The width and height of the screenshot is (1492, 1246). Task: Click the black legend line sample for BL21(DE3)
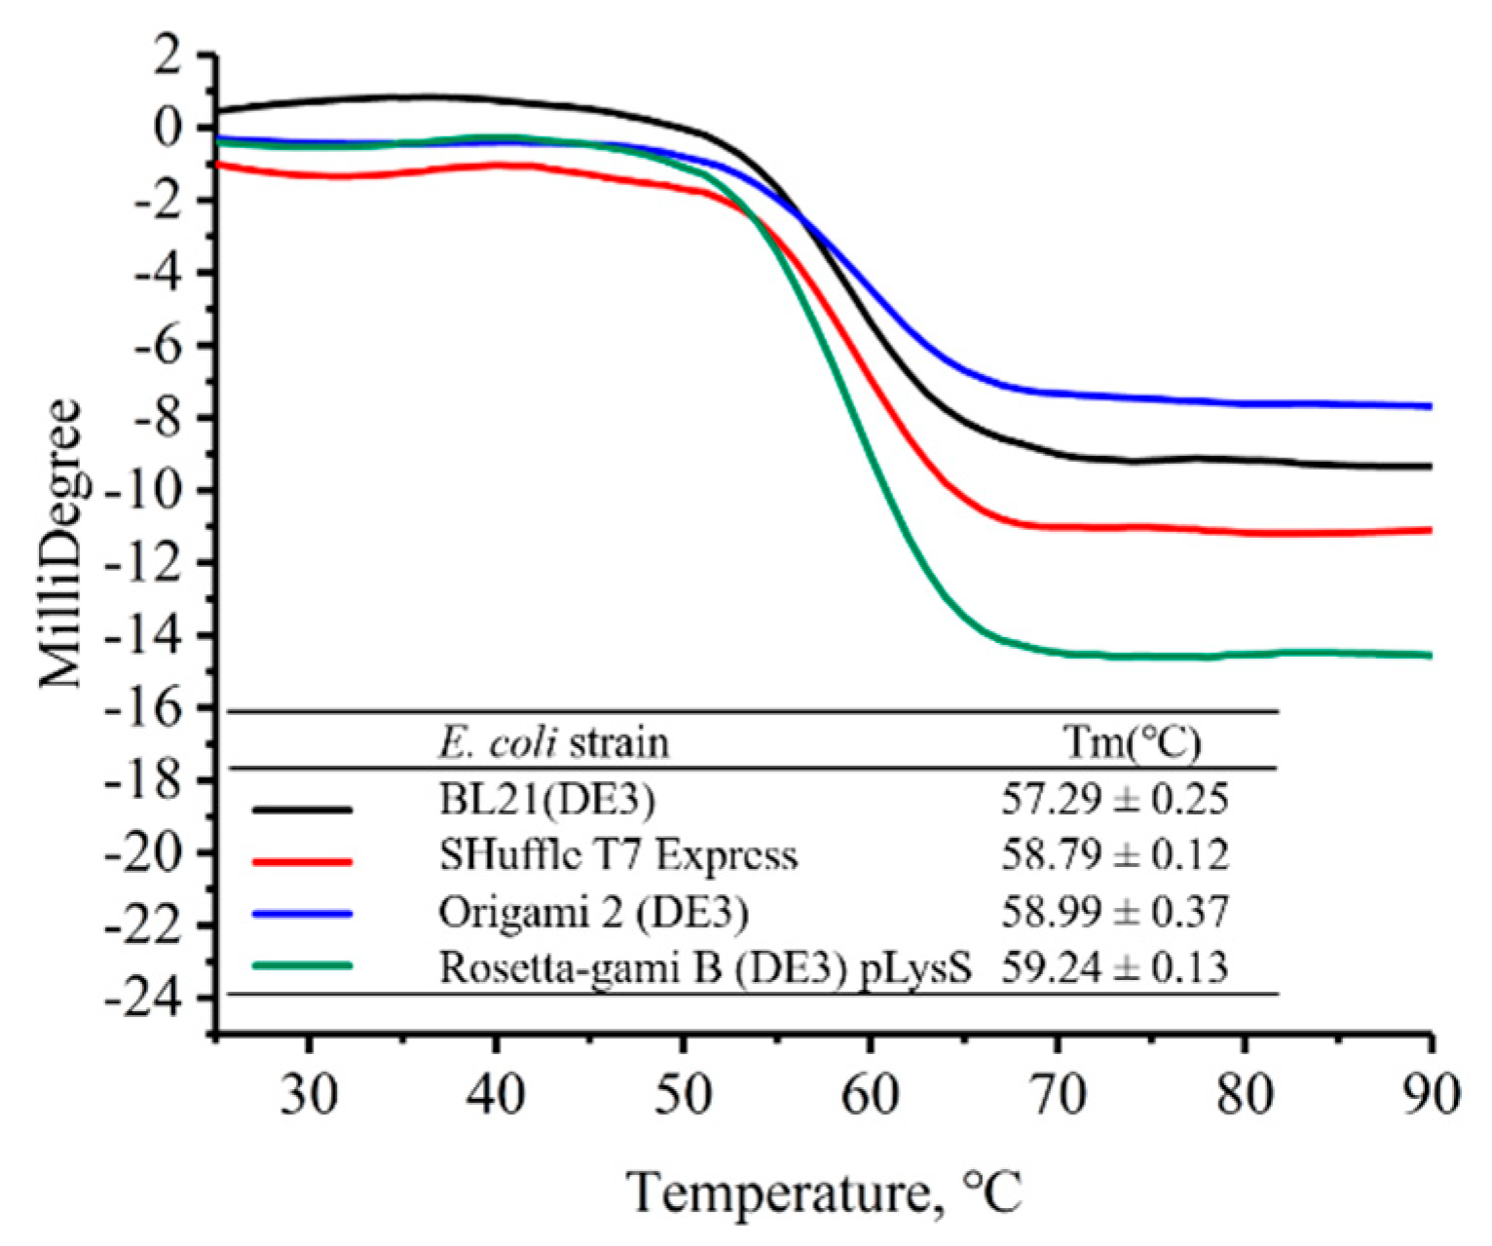click(x=301, y=808)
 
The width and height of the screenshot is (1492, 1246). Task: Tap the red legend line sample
click(x=301, y=861)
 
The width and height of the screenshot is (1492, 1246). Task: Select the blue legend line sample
click(x=301, y=914)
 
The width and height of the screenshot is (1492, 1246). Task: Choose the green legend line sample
click(x=301, y=966)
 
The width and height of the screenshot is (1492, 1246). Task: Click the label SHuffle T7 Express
click(x=617, y=855)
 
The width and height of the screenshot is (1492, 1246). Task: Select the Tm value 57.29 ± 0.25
click(x=1114, y=801)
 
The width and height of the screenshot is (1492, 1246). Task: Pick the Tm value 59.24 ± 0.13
click(x=1114, y=967)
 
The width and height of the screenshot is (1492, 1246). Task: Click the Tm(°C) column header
click(x=1130, y=744)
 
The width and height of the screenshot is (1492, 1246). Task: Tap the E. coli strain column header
click(x=552, y=744)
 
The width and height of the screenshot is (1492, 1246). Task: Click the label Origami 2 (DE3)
click(x=593, y=913)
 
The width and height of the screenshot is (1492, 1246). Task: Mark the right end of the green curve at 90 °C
click(x=1429, y=655)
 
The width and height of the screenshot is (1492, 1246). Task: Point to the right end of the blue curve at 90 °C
click(x=1429, y=405)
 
